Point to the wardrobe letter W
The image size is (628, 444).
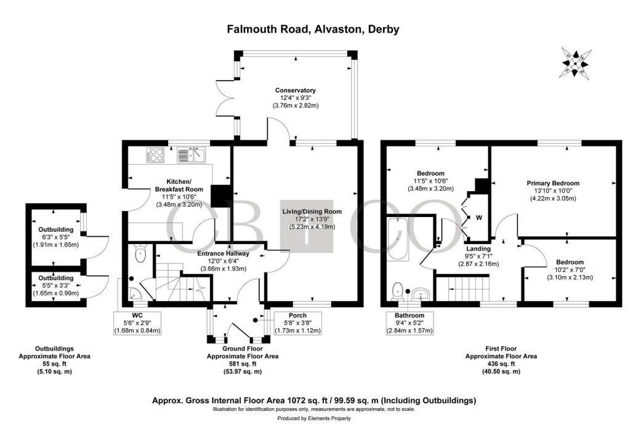(x=478, y=217)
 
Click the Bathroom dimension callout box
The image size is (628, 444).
(x=410, y=323)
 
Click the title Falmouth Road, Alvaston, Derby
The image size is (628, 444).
(x=313, y=29)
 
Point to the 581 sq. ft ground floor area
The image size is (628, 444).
(x=242, y=364)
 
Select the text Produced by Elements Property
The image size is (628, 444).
(x=313, y=419)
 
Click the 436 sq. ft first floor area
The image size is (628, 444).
(x=501, y=364)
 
